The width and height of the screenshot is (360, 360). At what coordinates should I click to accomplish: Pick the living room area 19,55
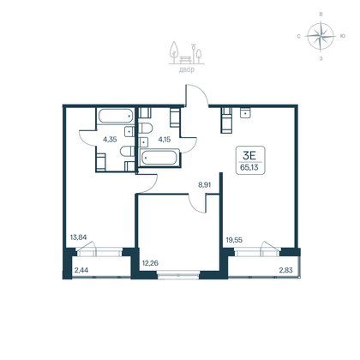point(233,242)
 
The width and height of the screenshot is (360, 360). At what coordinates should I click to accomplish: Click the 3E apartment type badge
point(251,155)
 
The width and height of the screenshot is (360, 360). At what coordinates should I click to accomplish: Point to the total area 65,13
point(251,170)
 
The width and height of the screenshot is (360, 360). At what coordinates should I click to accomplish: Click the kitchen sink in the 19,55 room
point(246,112)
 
